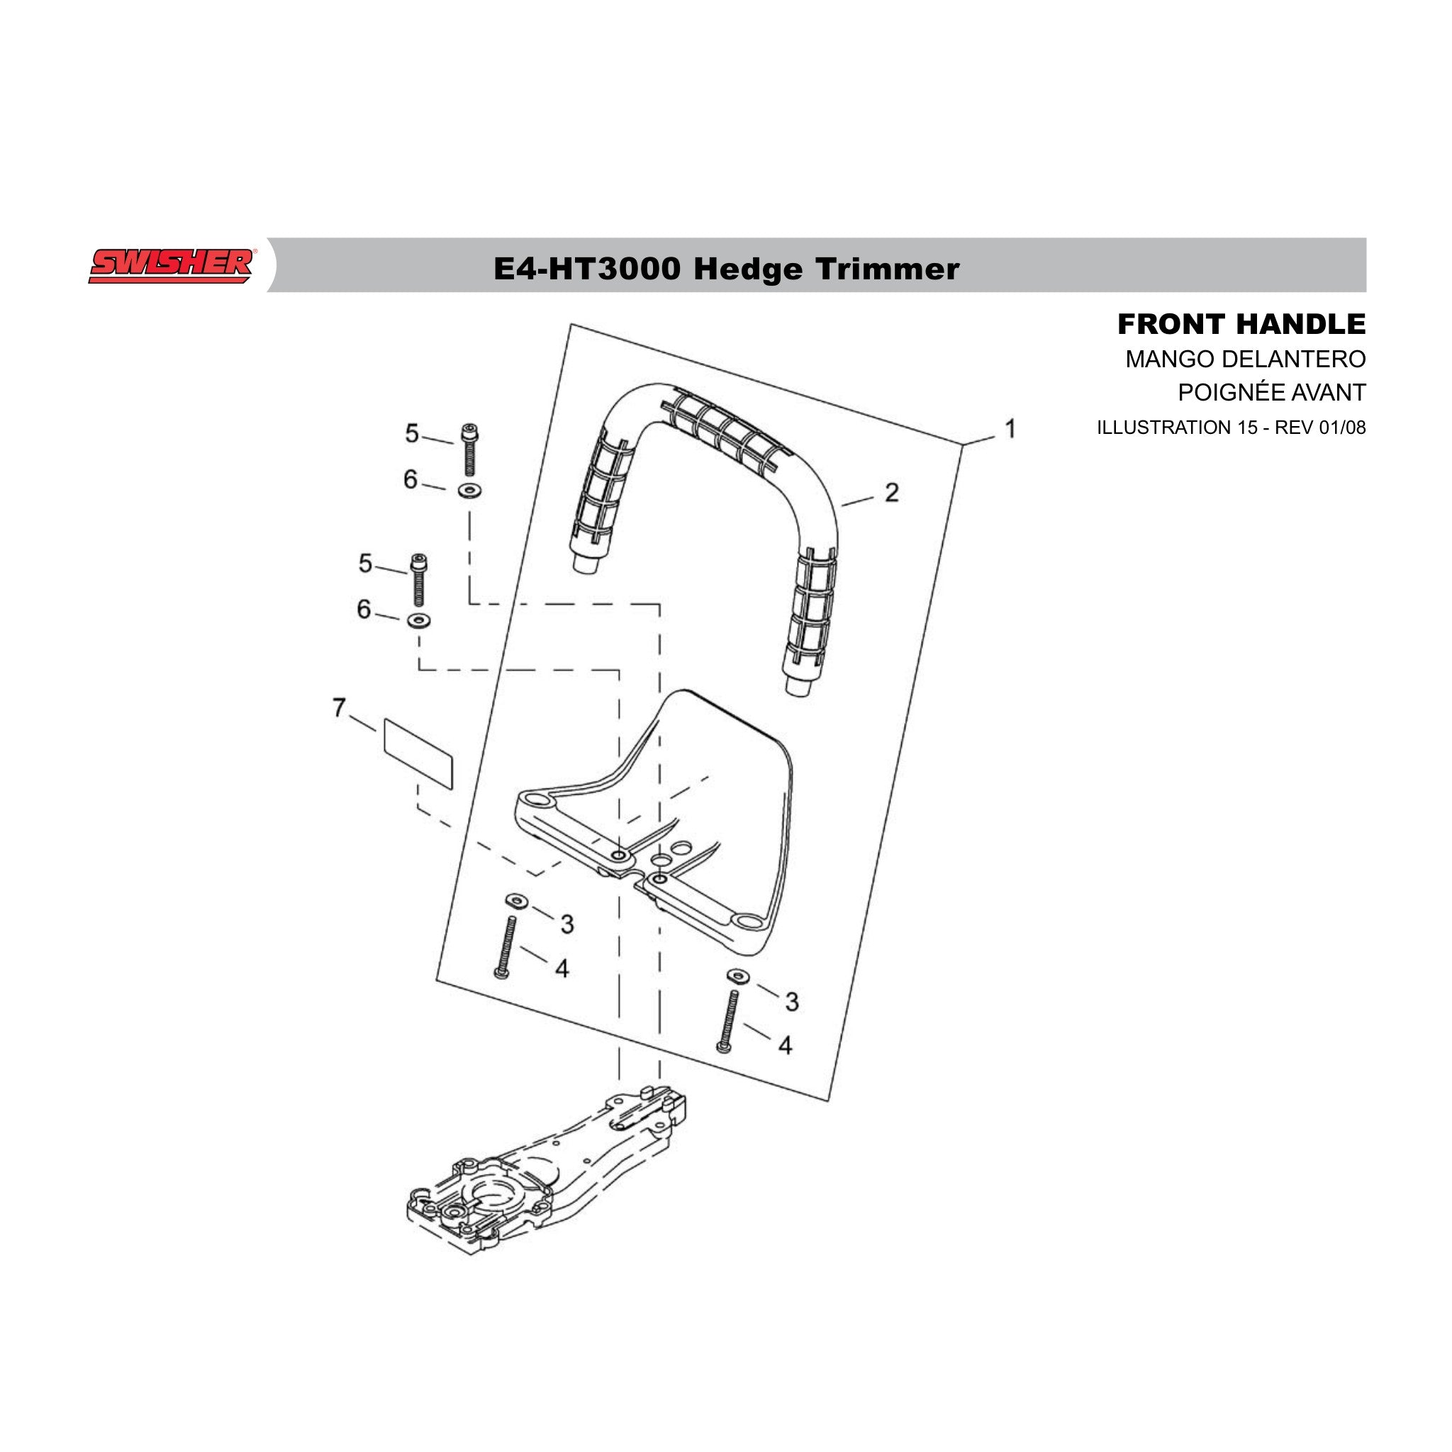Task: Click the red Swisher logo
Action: click(172, 266)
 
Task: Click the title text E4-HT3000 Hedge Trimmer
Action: click(726, 268)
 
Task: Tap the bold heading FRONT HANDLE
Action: click(1241, 324)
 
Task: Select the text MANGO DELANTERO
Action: click(1244, 359)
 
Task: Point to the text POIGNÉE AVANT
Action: click(1271, 391)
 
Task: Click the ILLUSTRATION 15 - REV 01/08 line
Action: click(1231, 427)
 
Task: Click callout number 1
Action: click(1011, 428)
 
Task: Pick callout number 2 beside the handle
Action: click(891, 492)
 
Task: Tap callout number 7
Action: click(339, 707)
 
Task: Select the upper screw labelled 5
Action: click(471, 449)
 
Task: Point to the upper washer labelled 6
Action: click(471, 491)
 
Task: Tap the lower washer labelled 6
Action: click(418, 621)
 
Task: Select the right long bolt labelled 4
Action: click(727, 1021)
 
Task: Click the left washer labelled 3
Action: click(516, 900)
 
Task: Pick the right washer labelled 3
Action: click(738, 976)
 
